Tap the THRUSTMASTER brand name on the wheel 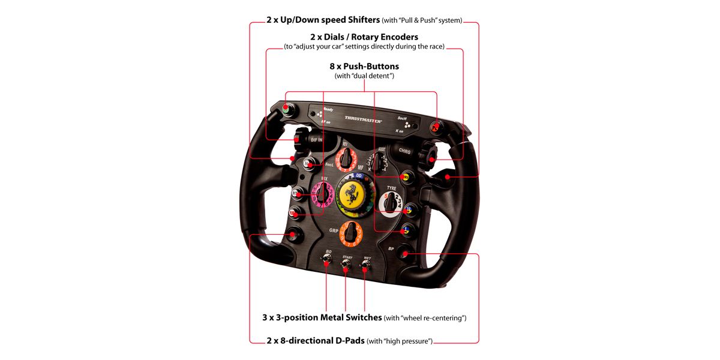coord(364,120)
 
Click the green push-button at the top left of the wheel coord(285,111)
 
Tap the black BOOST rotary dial coord(378,161)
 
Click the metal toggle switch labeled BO coord(327,260)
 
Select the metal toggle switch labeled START coord(346,265)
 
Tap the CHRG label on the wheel coord(404,151)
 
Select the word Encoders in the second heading coord(393,37)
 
